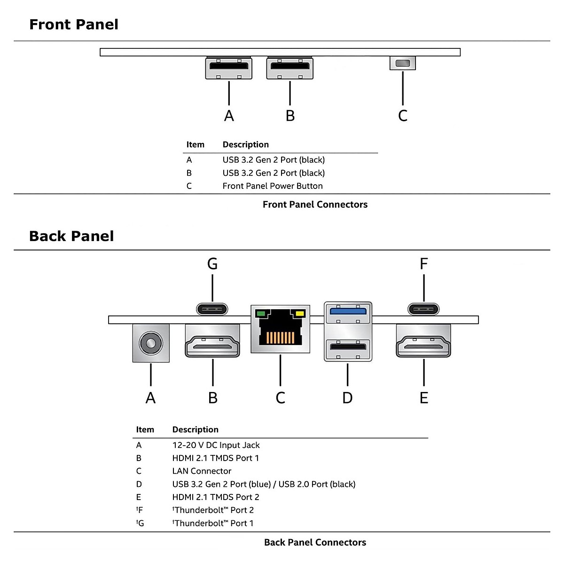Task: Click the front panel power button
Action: coord(402,63)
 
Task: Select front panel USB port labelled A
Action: coord(229,69)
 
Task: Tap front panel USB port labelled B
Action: coord(290,69)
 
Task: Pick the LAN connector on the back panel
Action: coord(281,329)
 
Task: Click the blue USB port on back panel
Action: coord(348,312)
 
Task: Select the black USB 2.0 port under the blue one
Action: coord(348,347)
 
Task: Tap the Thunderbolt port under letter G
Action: coord(212,309)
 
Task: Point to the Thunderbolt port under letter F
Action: coord(423,309)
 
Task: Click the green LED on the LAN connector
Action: coord(260,313)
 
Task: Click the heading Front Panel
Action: coord(74,24)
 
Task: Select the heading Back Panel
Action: coord(71,236)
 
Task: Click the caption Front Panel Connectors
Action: coord(315,204)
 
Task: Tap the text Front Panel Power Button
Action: coord(273,186)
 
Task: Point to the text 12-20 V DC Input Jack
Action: coord(216,445)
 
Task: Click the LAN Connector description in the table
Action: coord(202,471)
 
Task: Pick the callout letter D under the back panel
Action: coord(347,398)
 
